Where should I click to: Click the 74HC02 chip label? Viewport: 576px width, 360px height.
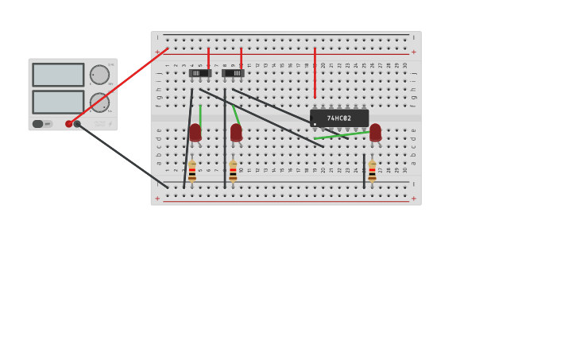click(339, 118)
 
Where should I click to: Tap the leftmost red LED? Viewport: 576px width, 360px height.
click(195, 132)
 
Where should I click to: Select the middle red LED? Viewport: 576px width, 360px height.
click(236, 132)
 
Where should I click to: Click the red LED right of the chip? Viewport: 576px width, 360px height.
click(375, 132)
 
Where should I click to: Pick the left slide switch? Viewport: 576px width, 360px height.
click(200, 73)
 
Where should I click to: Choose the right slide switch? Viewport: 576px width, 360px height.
click(233, 73)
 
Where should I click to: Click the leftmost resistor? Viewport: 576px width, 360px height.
click(192, 171)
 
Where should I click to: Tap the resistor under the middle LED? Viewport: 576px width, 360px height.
click(233, 171)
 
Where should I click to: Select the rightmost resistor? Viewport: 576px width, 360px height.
click(372, 171)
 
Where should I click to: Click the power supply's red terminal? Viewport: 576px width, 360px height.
click(69, 124)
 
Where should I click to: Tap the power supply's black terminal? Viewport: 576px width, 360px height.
click(77, 124)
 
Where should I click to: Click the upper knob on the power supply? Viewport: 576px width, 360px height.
click(99, 75)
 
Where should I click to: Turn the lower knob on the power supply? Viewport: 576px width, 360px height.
click(99, 103)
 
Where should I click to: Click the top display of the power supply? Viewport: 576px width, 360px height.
click(58, 75)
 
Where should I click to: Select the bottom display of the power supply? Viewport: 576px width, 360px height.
click(58, 102)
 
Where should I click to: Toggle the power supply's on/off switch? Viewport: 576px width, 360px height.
click(38, 124)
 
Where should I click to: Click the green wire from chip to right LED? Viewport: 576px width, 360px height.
click(342, 135)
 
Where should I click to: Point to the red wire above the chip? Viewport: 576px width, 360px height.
click(315, 73)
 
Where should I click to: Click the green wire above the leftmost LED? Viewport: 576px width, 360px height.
click(200, 114)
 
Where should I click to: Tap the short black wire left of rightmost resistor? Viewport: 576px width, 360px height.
click(364, 171)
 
